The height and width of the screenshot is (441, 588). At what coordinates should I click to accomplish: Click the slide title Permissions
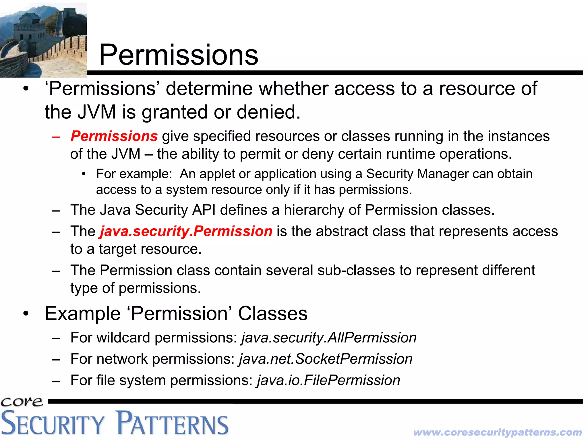click(178, 55)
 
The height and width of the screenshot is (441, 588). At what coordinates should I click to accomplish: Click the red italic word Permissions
click(114, 136)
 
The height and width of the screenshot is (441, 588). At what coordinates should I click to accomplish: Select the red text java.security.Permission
click(186, 231)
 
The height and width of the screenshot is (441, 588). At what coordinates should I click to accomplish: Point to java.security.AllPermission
click(329, 338)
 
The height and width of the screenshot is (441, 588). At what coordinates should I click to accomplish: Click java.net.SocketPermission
click(326, 359)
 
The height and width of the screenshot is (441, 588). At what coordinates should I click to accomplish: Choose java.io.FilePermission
click(328, 380)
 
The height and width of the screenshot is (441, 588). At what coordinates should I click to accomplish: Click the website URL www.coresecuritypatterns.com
click(497, 432)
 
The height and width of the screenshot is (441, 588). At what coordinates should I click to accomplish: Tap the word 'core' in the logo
click(22, 401)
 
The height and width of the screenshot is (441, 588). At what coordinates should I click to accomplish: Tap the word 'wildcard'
click(123, 338)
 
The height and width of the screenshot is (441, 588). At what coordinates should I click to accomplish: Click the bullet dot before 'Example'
click(26, 314)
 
